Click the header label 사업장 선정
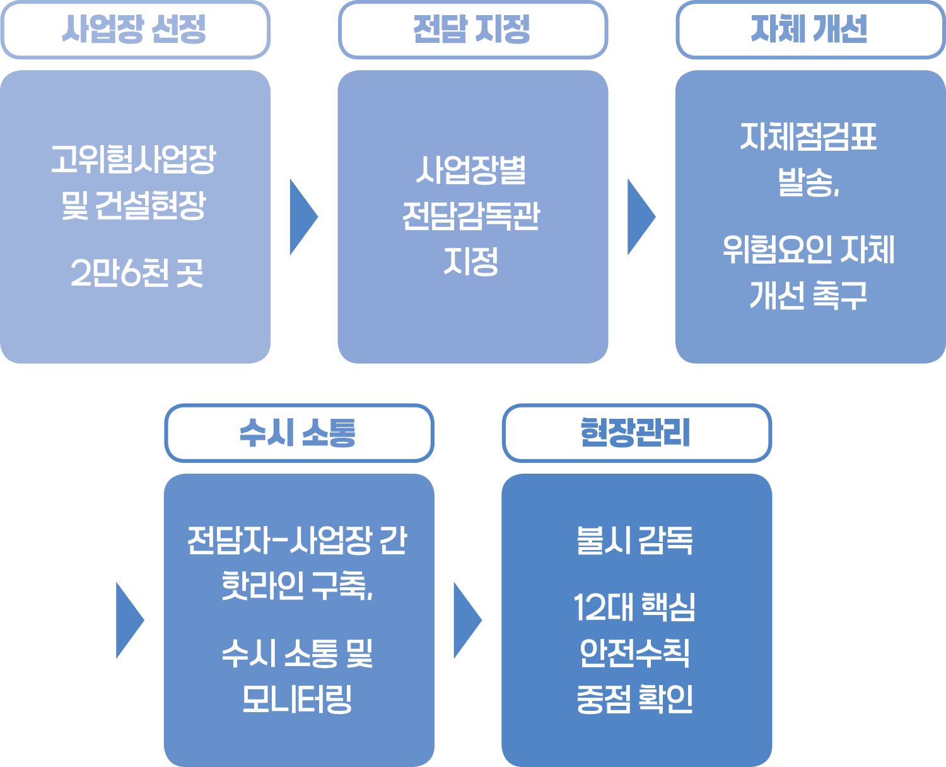(134, 29)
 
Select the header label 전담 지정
(472, 29)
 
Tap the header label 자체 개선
(809, 29)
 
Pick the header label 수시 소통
(298, 433)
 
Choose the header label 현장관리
(636, 433)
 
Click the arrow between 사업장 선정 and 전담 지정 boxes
(303, 217)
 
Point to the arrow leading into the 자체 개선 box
(640, 217)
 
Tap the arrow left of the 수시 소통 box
(129, 621)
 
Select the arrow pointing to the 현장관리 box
(467, 621)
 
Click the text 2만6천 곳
(136, 273)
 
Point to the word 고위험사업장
(134, 159)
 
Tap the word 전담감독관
(472, 216)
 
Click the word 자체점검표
(809, 137)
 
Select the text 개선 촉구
(809, 295)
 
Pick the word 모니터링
(297, 699)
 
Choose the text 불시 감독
(635, 541)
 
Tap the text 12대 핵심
(634, 607)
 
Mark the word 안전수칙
(635, 653)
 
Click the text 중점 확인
(635, 699)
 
